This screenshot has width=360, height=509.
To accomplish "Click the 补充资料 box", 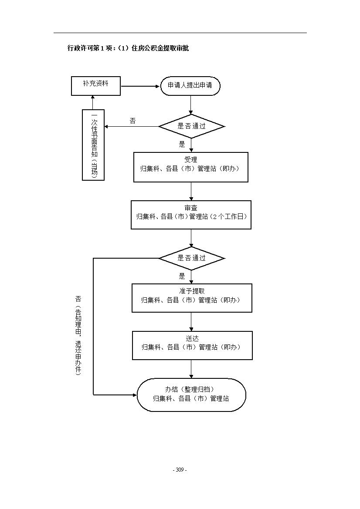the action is (x=96, y=86).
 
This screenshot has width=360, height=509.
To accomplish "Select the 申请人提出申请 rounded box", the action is (x=190, y=86).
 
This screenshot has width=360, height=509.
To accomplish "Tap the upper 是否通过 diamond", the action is (x=191, y=126).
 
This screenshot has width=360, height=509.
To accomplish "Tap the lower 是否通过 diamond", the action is (x=191, y=258).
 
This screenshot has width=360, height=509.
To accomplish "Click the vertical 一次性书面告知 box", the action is (x=93, y=145).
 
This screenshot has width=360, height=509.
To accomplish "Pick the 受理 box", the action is (x=191, y=167).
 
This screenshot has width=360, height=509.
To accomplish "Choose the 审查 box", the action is (x=191, y=215).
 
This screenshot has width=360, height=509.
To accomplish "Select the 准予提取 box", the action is (x=192, y=298).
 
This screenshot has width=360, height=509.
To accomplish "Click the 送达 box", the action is (x=192, y=345).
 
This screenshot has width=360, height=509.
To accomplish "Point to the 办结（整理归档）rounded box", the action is (x=191, y=395).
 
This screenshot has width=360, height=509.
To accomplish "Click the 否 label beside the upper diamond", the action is (x=132, y=121).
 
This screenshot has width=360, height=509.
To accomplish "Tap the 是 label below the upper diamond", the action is (x=182, y=144).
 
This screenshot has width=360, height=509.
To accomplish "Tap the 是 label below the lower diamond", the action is (x=182, y=276).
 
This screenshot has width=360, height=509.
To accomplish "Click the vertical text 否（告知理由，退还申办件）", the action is (x=78, y=335).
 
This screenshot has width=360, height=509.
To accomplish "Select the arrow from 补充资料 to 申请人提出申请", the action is (x=141, y=86).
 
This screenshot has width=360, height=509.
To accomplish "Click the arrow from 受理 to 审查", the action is (x=191, y=192).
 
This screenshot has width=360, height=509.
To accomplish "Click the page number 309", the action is (x=180, y=470).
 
